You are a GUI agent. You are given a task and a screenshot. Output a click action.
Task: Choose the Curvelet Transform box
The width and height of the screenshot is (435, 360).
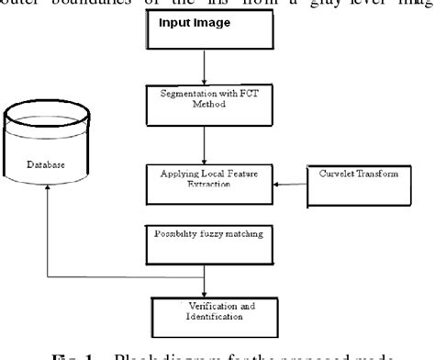351,174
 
